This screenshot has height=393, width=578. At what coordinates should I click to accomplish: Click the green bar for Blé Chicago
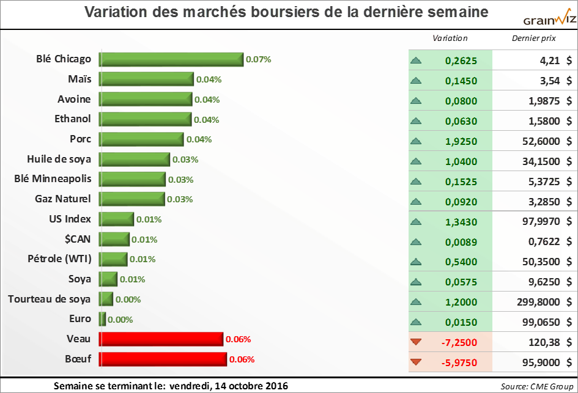click(x=171, y=59)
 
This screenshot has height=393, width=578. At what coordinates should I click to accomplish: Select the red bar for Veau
click(x=161, y=339)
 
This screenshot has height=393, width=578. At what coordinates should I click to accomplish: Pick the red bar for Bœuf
click(x=163, y=359)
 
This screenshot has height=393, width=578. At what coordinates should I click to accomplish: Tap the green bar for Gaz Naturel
click(x=132, y=199)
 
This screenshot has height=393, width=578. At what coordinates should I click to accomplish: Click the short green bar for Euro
click(x=103, y=319)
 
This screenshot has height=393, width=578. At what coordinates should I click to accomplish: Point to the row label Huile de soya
click(x=59, y=159)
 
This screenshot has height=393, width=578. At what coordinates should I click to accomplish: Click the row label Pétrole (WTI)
click(x=60, y=259)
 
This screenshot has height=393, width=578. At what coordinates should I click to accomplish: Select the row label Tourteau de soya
click(x=50, y=299)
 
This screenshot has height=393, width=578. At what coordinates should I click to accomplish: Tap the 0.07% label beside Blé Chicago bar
click(x=258, y=60)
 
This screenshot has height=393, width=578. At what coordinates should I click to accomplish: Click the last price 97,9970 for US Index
click(x=538, y=221)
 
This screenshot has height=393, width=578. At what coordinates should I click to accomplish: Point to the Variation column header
click(x=450, y=38)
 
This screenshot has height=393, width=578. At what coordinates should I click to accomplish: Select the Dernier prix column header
click(x=533, y=38)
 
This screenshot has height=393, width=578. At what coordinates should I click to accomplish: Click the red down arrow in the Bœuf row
click(x=417, y=362)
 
